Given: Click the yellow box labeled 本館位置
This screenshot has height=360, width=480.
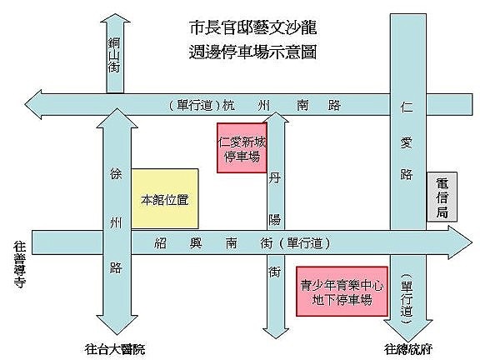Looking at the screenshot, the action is coord(165,198).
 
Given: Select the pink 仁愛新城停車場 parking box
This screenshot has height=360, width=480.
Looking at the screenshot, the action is coord(242,147).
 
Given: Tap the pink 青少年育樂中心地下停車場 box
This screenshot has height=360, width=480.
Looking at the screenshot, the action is coord(342,291).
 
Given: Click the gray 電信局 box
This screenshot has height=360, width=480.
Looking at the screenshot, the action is coord(442,197).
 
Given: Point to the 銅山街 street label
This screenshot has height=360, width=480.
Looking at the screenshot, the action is coord(114,55).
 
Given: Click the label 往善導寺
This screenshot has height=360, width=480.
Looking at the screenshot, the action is coord(20,264).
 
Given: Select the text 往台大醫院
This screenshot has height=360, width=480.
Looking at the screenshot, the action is coord(115,349).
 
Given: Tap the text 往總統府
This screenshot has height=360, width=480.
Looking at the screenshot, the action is coord(408,349).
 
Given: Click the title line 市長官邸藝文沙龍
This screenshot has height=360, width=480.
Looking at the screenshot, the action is coord(252,27).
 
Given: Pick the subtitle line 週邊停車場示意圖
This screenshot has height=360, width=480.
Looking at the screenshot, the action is coord(252,52).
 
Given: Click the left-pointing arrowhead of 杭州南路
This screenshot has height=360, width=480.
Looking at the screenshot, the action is coord(33,105).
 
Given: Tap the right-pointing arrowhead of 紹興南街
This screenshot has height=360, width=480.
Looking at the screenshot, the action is coord(460,242).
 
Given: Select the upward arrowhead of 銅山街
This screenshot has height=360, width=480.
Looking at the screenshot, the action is coord(115,17).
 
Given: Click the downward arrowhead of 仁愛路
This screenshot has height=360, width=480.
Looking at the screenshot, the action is coord(408,331).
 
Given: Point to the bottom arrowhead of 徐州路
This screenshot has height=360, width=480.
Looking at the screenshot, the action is coord(117,325).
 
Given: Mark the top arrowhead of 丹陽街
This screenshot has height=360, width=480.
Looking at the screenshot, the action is coord(276,117).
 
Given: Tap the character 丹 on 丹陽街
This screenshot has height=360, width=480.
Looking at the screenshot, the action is coord(275,177).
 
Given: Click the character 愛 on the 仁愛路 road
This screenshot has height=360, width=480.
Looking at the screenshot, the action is coord(407,142).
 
